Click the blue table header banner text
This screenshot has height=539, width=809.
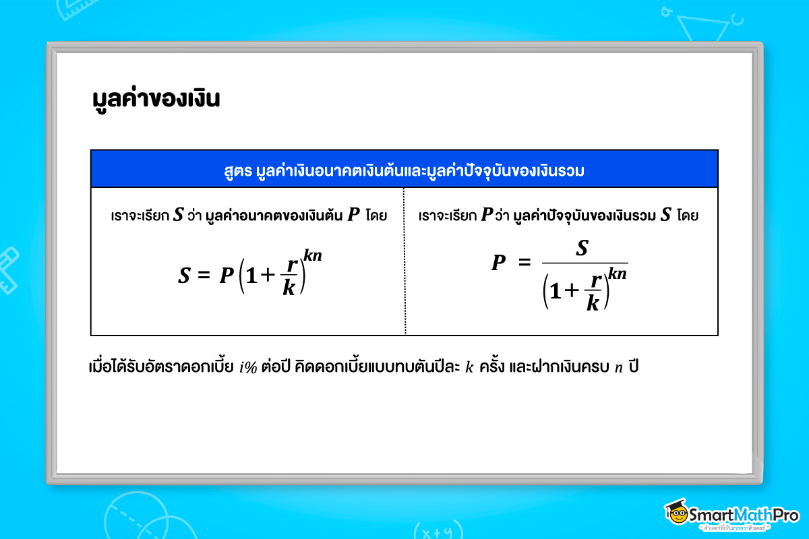(404, 170)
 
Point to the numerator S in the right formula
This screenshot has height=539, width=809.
(582, 249)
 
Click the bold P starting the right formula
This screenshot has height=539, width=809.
(498, 263)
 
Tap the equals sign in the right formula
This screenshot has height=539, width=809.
(525, 263)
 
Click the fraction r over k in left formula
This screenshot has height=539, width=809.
(289, 277)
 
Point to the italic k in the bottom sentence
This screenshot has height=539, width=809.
(470, 369)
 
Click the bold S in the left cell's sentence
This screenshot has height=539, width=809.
(178, 216)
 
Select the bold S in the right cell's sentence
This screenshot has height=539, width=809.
(666, 216)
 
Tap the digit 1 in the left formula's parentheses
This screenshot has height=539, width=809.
(251, 277)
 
